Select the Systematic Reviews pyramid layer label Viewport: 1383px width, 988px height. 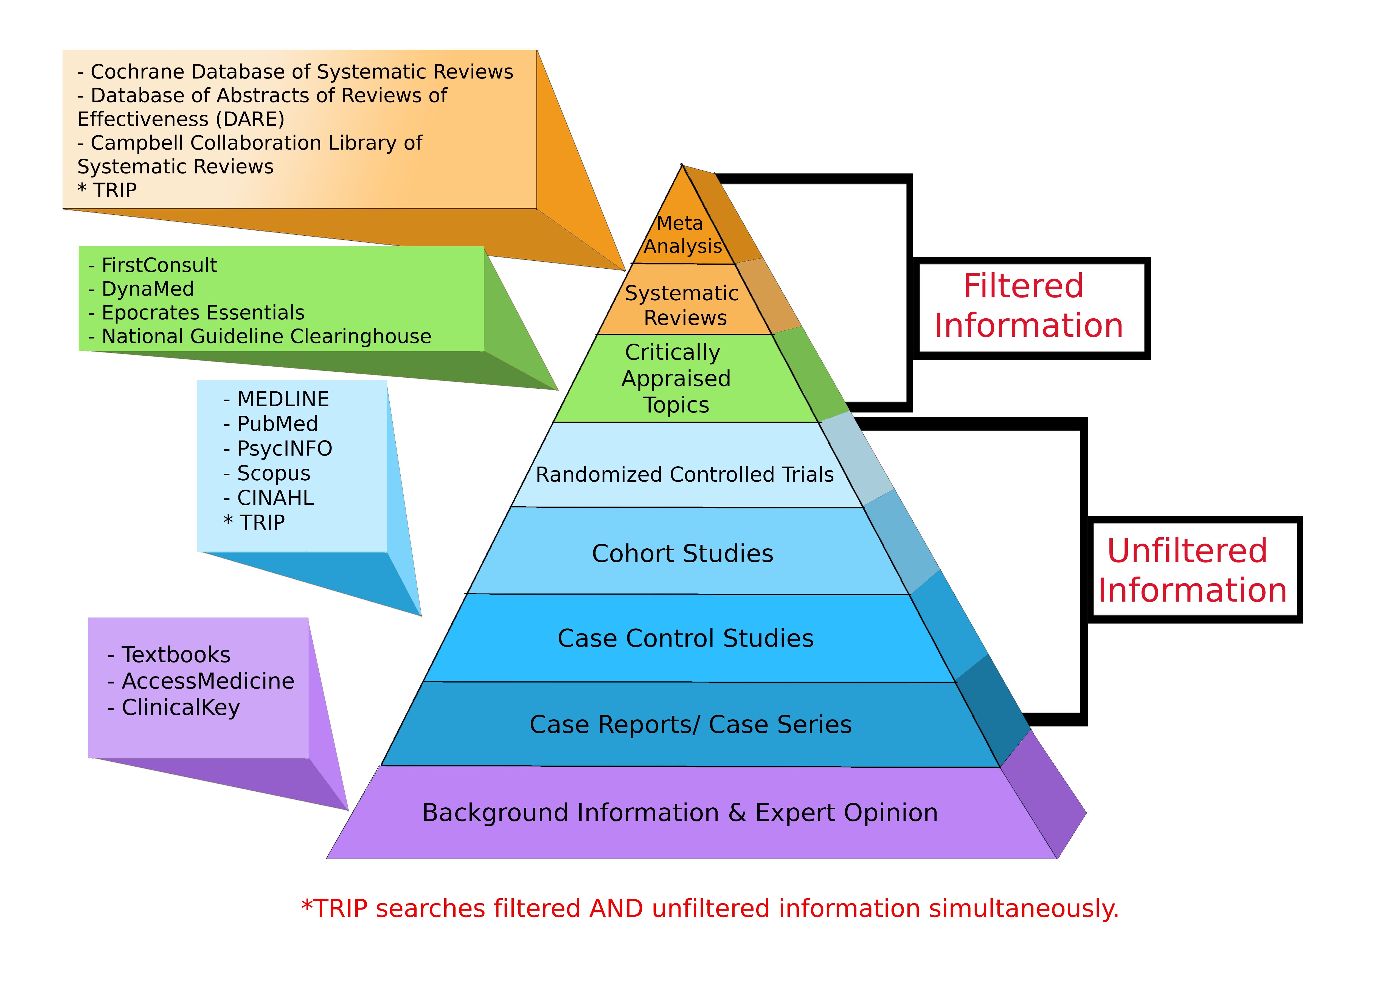click(682, 305)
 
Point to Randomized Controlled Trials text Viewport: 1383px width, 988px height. click(684, 475)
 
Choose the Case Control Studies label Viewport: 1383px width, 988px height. click(685, 638)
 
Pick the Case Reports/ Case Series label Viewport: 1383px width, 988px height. click(690, 725)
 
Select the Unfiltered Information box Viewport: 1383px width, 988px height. click(1192, 570)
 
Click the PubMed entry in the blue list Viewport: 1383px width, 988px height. click(277, 423)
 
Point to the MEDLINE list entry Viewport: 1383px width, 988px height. click(282, 399)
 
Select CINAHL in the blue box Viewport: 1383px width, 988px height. click(275, 498)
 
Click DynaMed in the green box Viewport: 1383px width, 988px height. click(147, 289)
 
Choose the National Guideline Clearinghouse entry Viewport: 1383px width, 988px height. click(266, 336)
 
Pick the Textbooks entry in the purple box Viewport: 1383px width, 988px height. click(175, 655)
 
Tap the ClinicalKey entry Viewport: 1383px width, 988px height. click(180, 708)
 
